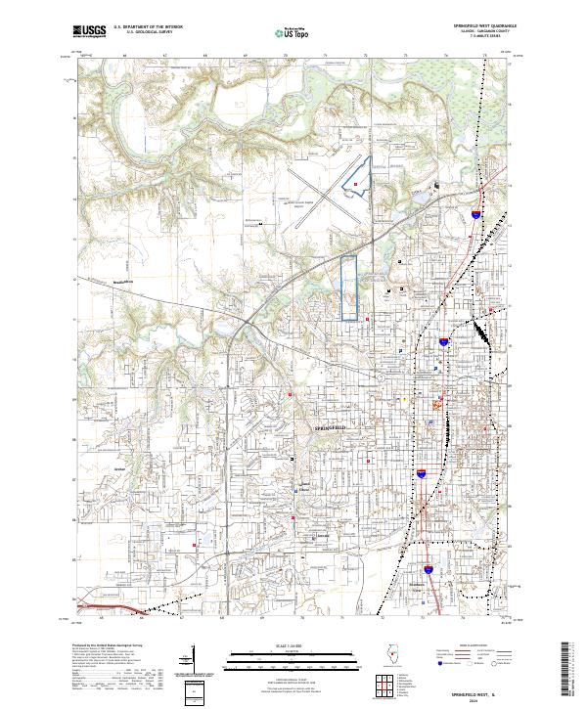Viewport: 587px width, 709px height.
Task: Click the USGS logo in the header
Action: [x=90, y=31]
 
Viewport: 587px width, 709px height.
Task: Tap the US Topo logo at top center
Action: [x=293, y=32]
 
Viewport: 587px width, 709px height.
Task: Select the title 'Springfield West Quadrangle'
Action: [x=485, y=24]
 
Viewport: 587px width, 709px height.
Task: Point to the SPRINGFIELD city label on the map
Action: [x=331, y=429]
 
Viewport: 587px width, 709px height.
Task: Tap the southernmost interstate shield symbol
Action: [x=429, y=565]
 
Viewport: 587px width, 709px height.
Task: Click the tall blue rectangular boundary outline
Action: [x=348, y=288]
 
